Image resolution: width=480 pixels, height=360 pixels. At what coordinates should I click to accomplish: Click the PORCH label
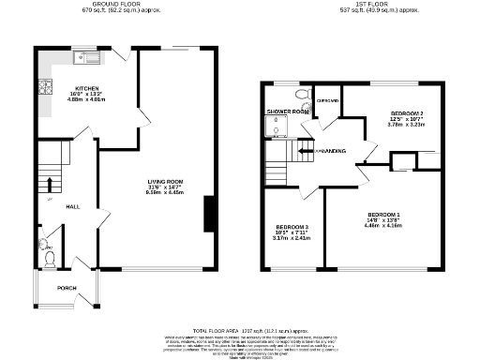67,288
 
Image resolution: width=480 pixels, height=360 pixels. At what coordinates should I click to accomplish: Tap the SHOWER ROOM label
287,112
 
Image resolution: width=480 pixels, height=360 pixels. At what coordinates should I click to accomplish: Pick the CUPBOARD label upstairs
327,100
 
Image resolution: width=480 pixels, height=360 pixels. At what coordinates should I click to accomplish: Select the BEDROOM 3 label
292,227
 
